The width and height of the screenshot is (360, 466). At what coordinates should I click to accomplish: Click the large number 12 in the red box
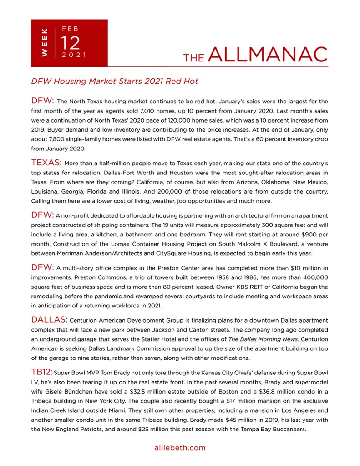71,43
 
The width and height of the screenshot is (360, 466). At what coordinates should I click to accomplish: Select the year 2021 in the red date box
73,55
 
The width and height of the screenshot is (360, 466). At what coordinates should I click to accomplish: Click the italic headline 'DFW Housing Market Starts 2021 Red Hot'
115,81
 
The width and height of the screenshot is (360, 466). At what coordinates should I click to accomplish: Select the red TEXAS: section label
46,163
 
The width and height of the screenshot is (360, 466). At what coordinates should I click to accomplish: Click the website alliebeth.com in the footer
180,448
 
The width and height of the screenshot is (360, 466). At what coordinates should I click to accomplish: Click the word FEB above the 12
70,28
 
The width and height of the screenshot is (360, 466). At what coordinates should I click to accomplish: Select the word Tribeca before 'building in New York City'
45,401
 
